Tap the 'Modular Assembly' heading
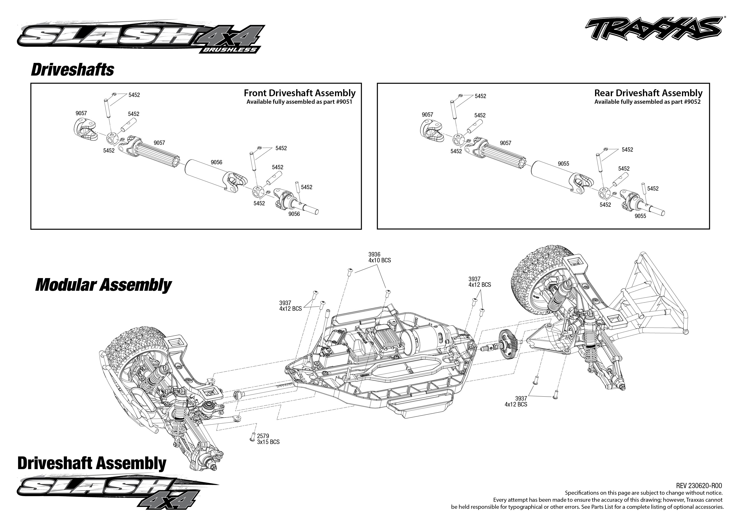coord(103,285)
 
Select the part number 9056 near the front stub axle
coord(294,214)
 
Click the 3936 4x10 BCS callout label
coord(379,257)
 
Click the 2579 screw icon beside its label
coord(252,437)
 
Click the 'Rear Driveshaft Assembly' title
coord(648,93)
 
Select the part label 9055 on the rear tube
coord(563,164)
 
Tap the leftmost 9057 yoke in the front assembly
coord(85,129)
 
